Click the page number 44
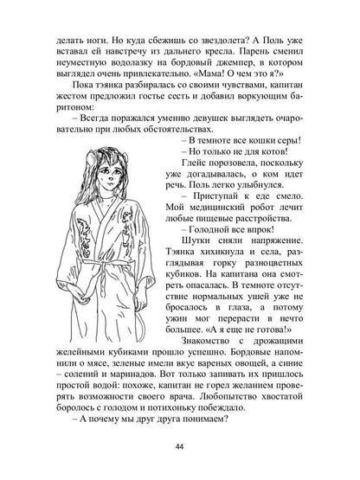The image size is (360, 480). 180,445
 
